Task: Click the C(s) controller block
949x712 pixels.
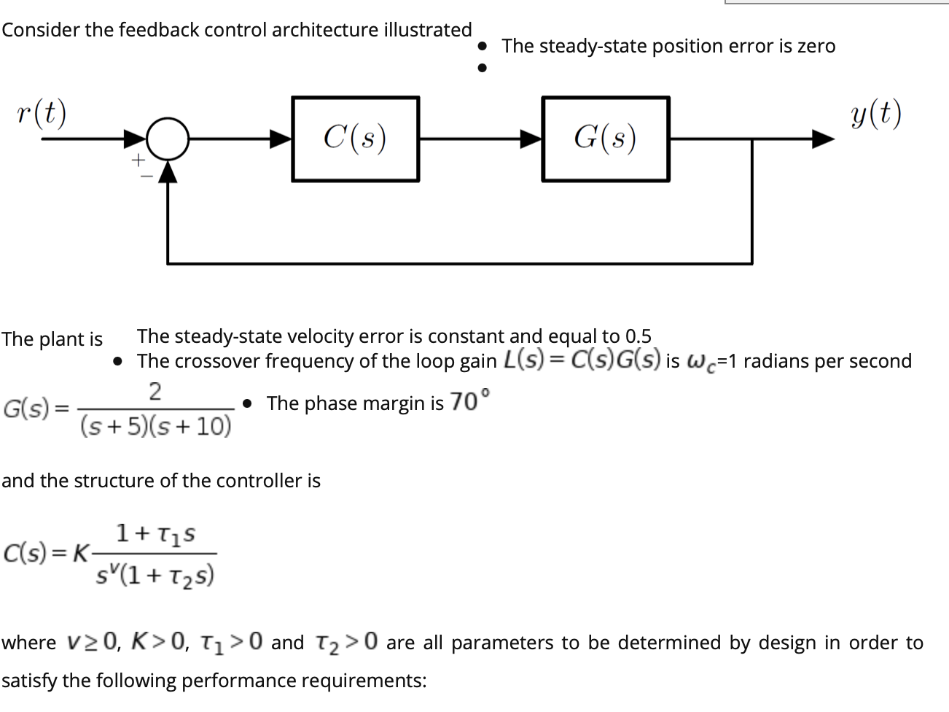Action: tap(356, 138)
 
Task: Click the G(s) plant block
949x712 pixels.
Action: tap(606, 138)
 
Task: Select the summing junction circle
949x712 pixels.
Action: tap(168, 138)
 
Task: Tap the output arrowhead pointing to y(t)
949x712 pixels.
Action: tap(823, 138)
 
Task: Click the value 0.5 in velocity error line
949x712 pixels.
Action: tap(638, 336)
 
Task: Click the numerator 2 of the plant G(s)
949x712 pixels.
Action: tap(155, 392)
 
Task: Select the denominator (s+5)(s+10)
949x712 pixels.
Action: tap(155, 425)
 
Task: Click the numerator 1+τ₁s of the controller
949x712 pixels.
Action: tap(156, 535)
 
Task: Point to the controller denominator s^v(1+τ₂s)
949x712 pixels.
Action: tap(155, 576)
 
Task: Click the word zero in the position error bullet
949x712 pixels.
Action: tap(816, 46)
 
